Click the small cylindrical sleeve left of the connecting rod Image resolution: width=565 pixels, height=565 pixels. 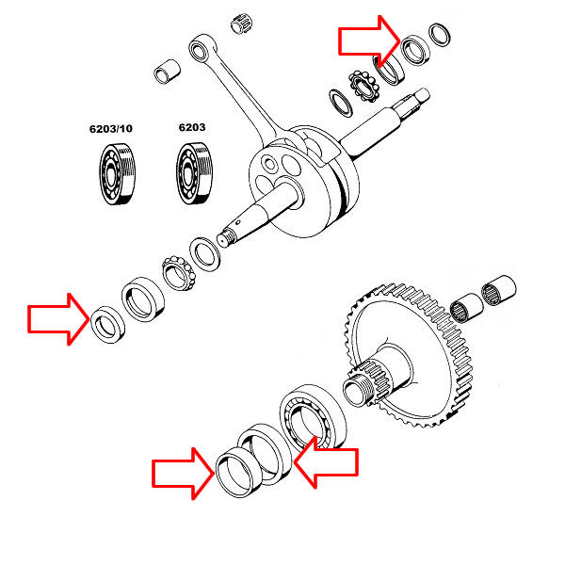point(168,72)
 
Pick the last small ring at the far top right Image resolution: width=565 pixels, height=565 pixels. point(438,36)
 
